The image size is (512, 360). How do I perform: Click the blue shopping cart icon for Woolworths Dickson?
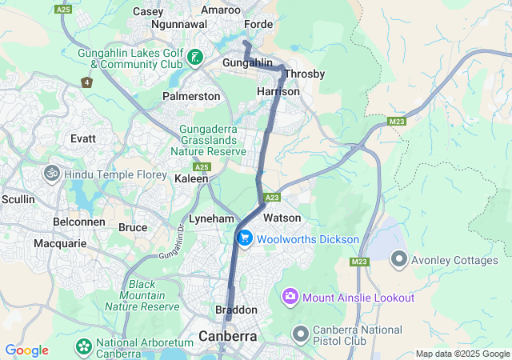[245, 238]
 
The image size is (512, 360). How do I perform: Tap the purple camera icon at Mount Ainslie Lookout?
[290, 298]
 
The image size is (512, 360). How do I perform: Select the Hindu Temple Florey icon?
[52, 173]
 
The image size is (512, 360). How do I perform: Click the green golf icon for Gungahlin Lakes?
[195, 58]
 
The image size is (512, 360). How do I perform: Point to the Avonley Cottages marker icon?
[398, 260]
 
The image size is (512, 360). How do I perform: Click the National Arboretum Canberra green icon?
[82, 347]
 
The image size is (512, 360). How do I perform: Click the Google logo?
[26, 350]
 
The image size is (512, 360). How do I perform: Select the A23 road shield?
[272, 197]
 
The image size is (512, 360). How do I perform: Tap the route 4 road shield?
[86, 82]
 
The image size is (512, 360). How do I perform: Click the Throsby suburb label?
[304, 74]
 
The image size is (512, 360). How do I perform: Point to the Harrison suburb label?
[278, 92]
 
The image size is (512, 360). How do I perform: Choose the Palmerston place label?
[191, 96]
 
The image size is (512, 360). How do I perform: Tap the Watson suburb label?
[282, 218]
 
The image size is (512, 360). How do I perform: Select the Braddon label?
[236, 310]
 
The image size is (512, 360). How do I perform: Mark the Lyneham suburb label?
[211, 218]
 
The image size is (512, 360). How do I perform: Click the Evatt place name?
[83, 138]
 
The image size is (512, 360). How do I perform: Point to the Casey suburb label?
[147, 11]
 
